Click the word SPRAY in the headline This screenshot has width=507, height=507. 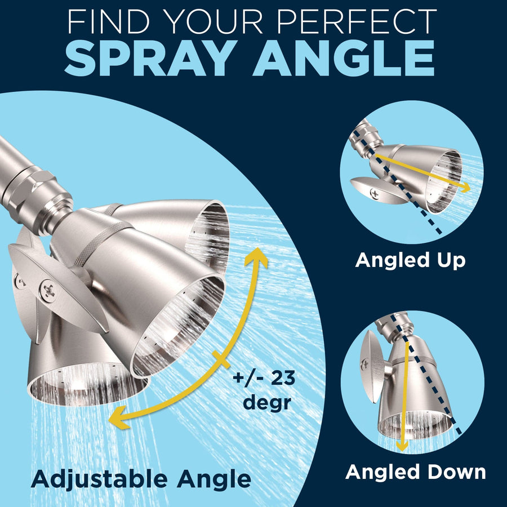coord(149,59)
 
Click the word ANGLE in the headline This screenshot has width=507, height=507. coord(344,59)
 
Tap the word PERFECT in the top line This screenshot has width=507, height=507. coord(357,21)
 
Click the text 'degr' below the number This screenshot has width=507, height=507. coord(267,403)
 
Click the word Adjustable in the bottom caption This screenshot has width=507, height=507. coord(99,479)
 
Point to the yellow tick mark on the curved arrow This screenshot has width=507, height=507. coord(221,359)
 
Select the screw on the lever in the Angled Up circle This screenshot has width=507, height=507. coord(375,193)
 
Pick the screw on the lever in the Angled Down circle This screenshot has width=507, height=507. coord(364,364)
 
